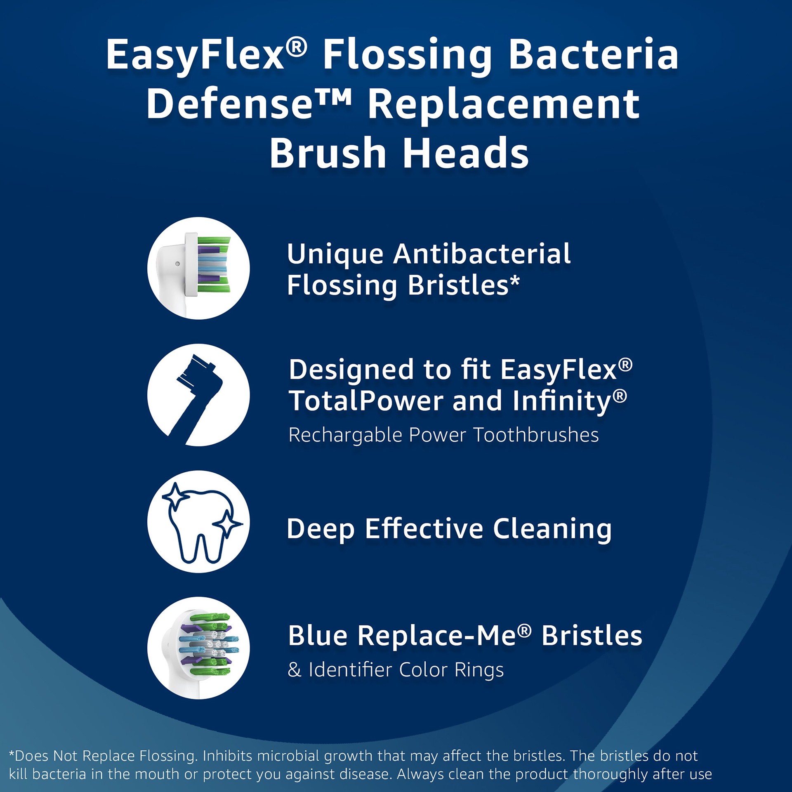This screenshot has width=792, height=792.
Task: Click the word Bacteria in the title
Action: pyautogui.click(x=594, y=55)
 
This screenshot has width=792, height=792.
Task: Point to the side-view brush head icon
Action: pyautogui.click(x=198, y=268)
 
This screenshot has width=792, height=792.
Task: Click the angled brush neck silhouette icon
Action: pyautogui.click(x=198, y=395)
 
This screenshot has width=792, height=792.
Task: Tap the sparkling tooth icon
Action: pyautogui.click(x=198, y=522)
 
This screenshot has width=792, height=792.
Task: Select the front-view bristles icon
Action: pyautogui.click(x=198, y=648)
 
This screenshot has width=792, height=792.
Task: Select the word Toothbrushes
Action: pyautogui.click(x=536, y=435)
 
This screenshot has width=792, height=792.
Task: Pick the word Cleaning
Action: pyautogui.click(x=552, y=529)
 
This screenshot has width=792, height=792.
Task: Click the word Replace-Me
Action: pyautogui.click(x=437, y=636)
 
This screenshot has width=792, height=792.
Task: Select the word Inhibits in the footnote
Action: pyautogui.click(x=227, y=756)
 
